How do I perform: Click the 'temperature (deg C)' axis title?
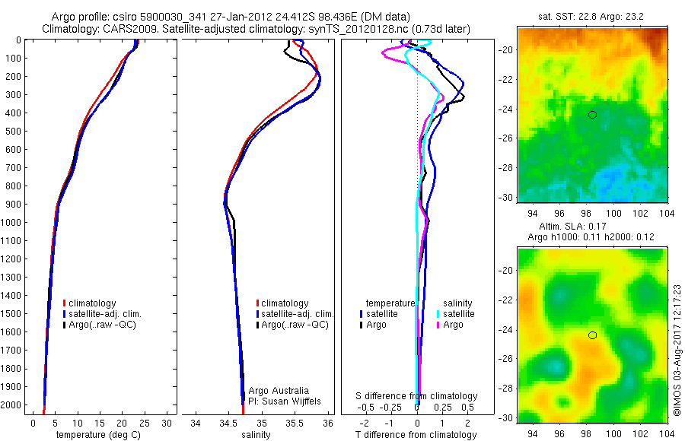(x=95, y=435)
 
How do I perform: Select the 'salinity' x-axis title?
(x=257, y=435)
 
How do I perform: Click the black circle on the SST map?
(x=592, y=115)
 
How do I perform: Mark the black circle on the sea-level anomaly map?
(x=592, y=335)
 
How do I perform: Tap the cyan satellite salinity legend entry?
(x=455, y=313)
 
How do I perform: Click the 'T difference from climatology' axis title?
(x=417, y=435)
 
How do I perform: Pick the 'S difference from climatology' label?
(x=417, y=396)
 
